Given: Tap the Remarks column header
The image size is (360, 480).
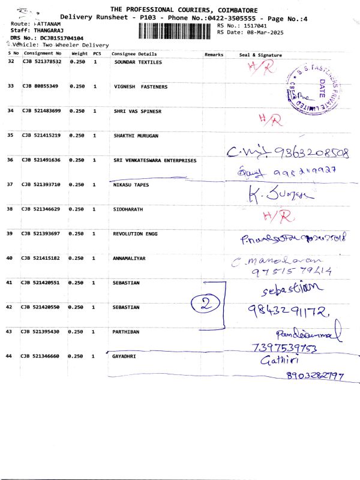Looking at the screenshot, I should [x=214, y=55].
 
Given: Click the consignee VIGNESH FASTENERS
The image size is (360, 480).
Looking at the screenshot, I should [x=140, y=86].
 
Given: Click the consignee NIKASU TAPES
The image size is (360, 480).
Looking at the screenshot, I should [x=131, y=185].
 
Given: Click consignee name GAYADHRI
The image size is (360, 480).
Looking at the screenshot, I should [x=127, y=356].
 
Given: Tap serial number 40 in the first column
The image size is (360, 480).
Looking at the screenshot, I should [x=10, y=258].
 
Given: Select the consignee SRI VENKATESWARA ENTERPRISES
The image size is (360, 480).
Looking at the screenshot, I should [x=155, y=160].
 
